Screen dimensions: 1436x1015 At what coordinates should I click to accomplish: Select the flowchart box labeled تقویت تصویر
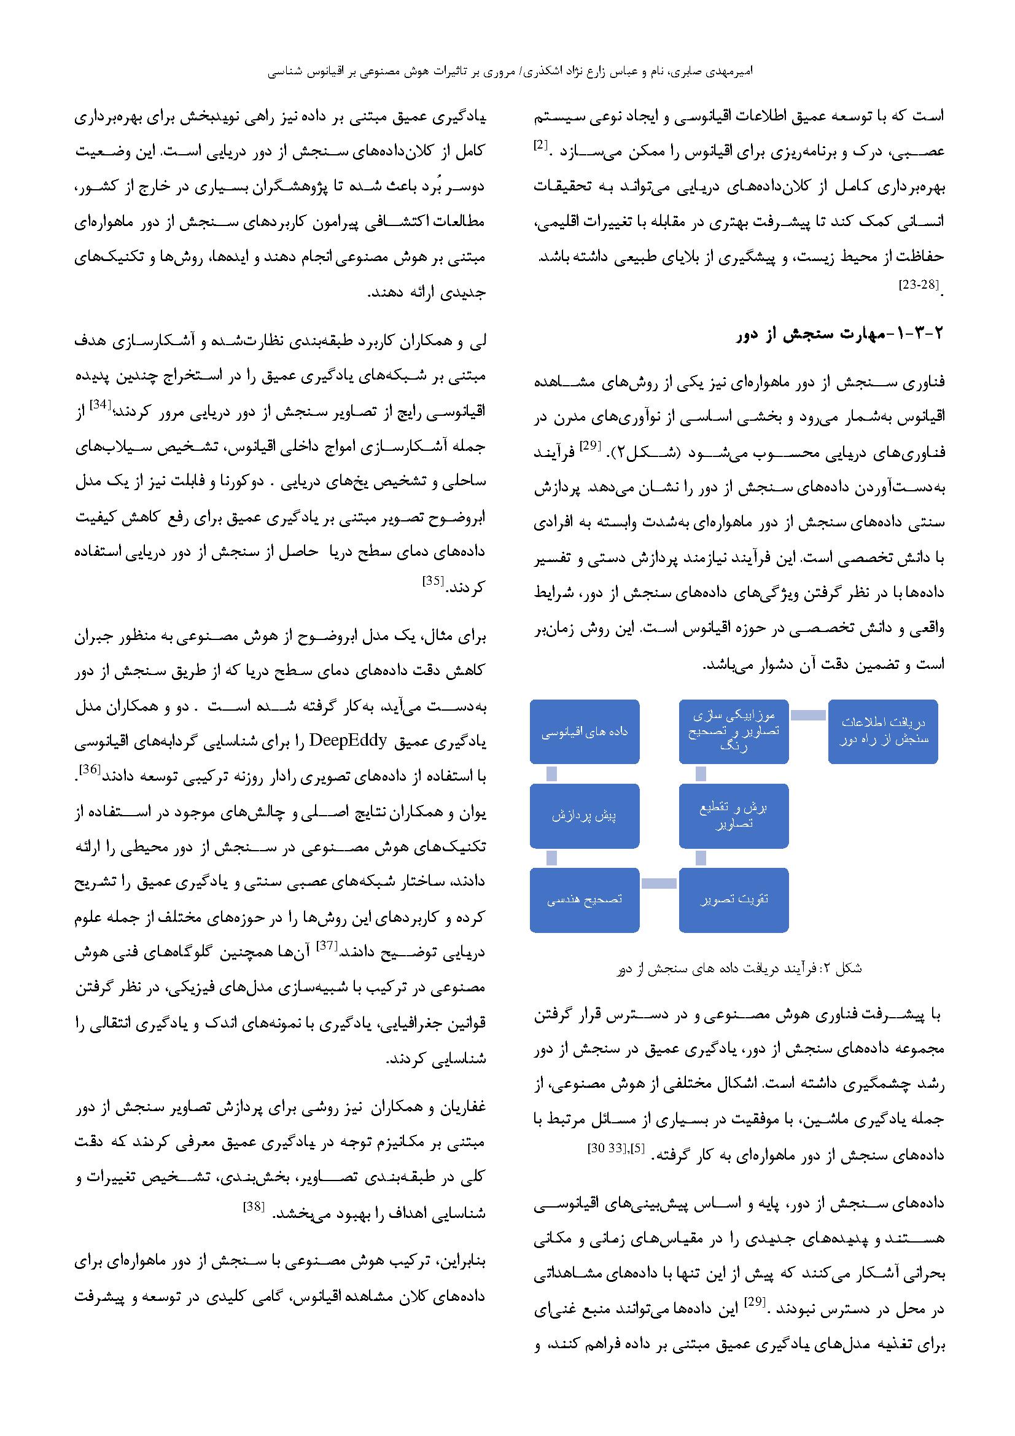coord(734,899)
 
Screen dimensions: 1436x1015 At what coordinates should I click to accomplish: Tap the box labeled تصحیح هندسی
coord(584,899)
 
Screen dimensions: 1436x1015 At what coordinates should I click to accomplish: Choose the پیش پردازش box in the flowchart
coord(584,816)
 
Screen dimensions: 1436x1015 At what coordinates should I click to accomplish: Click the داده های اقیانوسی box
coord(584,731)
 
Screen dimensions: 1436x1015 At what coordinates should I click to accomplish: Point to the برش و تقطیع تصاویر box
coord(734,816)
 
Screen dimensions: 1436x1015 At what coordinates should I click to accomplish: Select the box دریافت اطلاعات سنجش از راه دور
coord(882,731)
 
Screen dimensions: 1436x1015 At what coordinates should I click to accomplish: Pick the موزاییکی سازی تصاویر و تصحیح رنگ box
coord(734,731)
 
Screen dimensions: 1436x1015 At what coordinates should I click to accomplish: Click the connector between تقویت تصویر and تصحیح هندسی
coord(658,883)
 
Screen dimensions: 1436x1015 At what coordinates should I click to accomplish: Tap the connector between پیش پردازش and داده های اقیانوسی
coord(551,774)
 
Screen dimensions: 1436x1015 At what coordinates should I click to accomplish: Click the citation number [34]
coord(99,405)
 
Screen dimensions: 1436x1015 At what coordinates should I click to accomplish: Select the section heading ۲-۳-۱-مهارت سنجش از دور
coord(840,335)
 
